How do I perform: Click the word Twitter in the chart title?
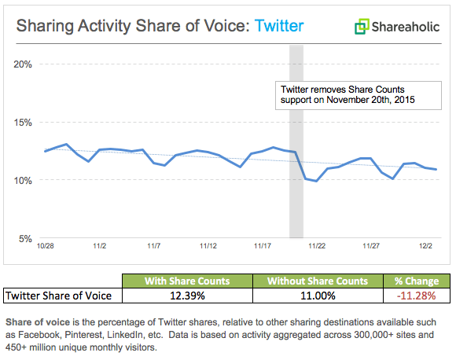(278, 27)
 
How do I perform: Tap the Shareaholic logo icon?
(362, 27)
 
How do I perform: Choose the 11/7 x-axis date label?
(153, 246)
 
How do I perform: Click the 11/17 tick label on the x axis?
(263, 246)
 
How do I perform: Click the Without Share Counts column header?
(318, 281)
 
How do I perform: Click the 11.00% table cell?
(318, 296)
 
